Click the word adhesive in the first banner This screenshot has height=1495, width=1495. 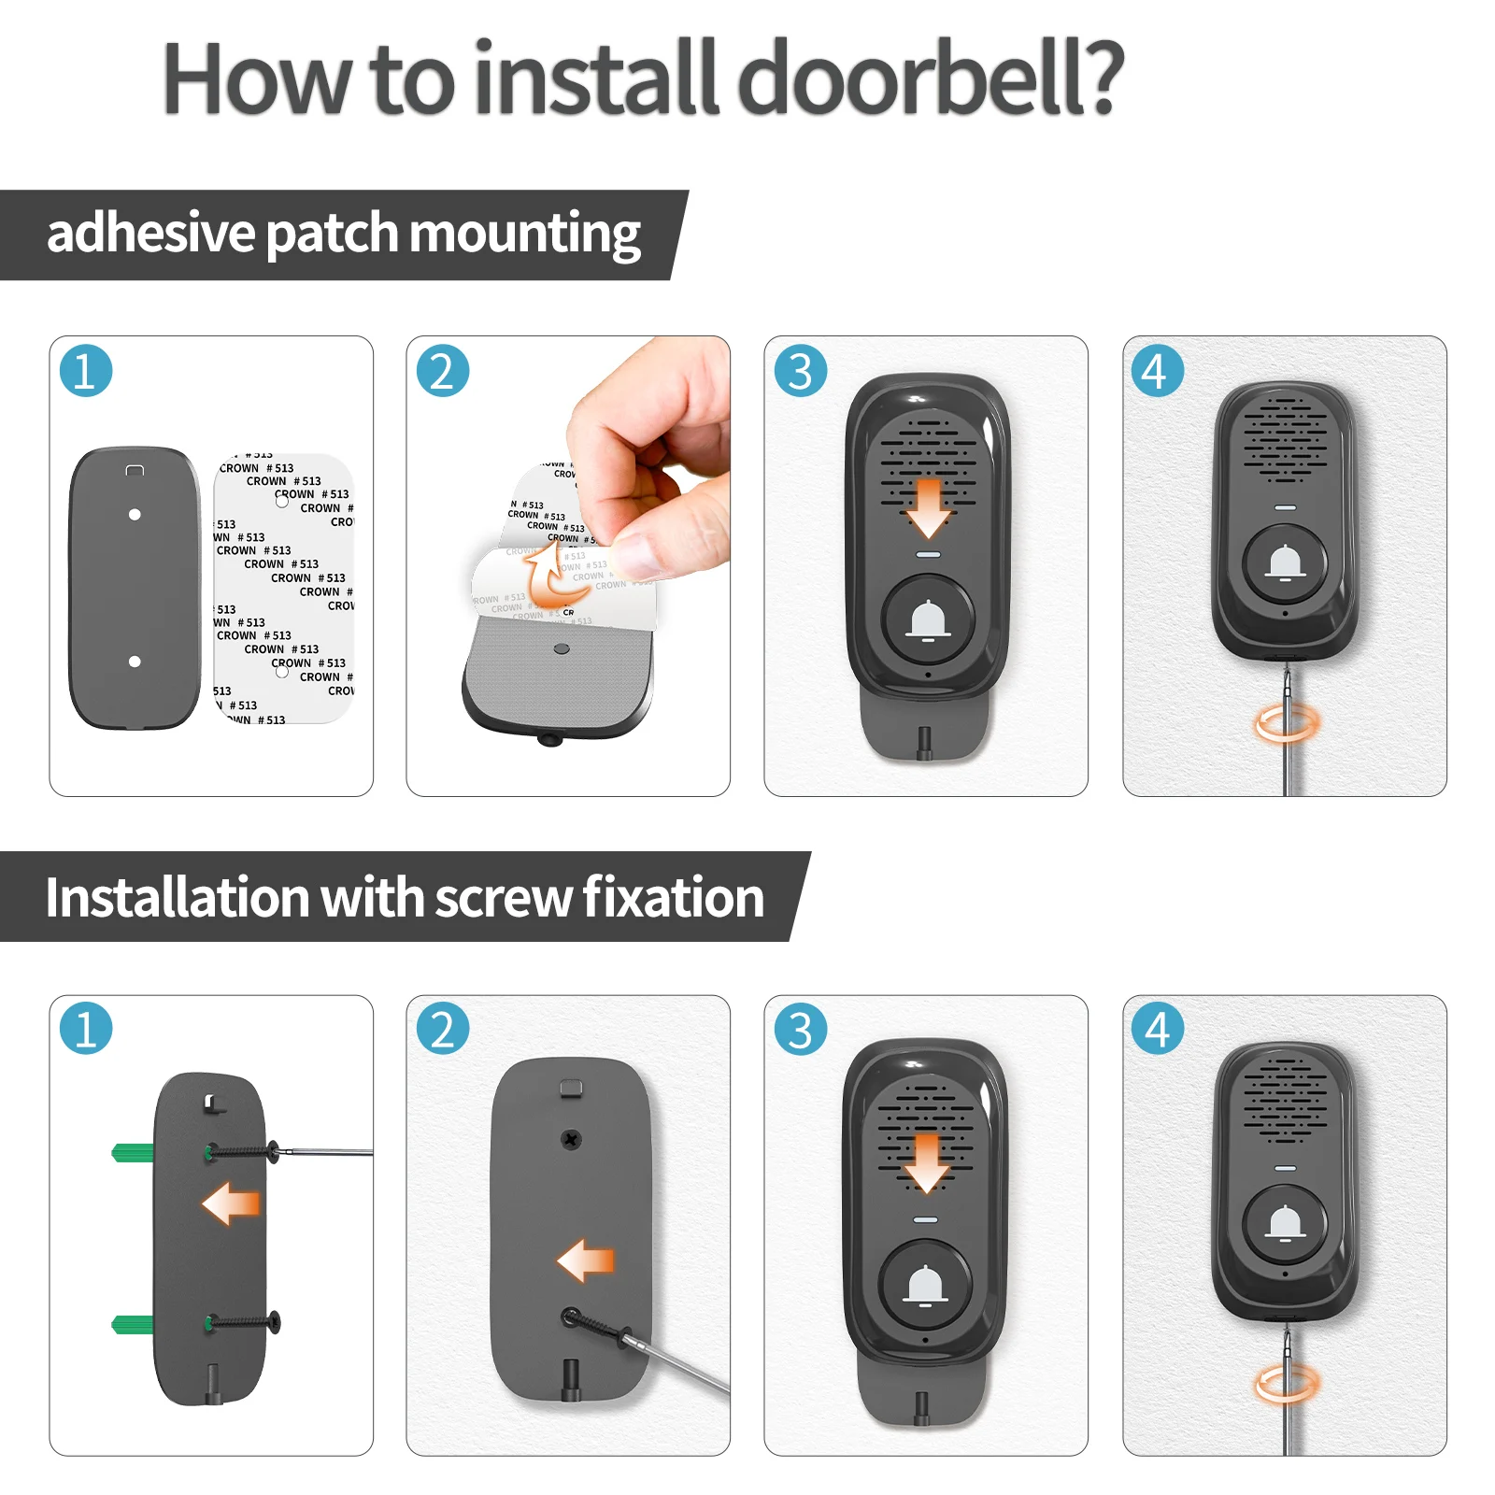tap(150, 234)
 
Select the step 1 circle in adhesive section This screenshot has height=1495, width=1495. tap(86, 371)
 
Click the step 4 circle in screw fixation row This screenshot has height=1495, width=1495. tap(1157, 1029)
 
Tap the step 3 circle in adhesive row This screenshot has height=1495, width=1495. tap(801, 371)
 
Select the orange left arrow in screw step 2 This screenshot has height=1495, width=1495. tap(586, 1260)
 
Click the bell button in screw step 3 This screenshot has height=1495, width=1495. tap(926, 1286)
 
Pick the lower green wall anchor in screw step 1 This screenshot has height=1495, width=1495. tap(132, 1323)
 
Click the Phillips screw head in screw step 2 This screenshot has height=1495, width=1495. tap(570, 1139)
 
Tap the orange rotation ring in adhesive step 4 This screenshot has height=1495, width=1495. tap(1287, 722)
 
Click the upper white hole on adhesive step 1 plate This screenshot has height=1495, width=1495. tap(135, 515)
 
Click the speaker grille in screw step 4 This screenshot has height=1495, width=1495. tap(1285, 1101)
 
